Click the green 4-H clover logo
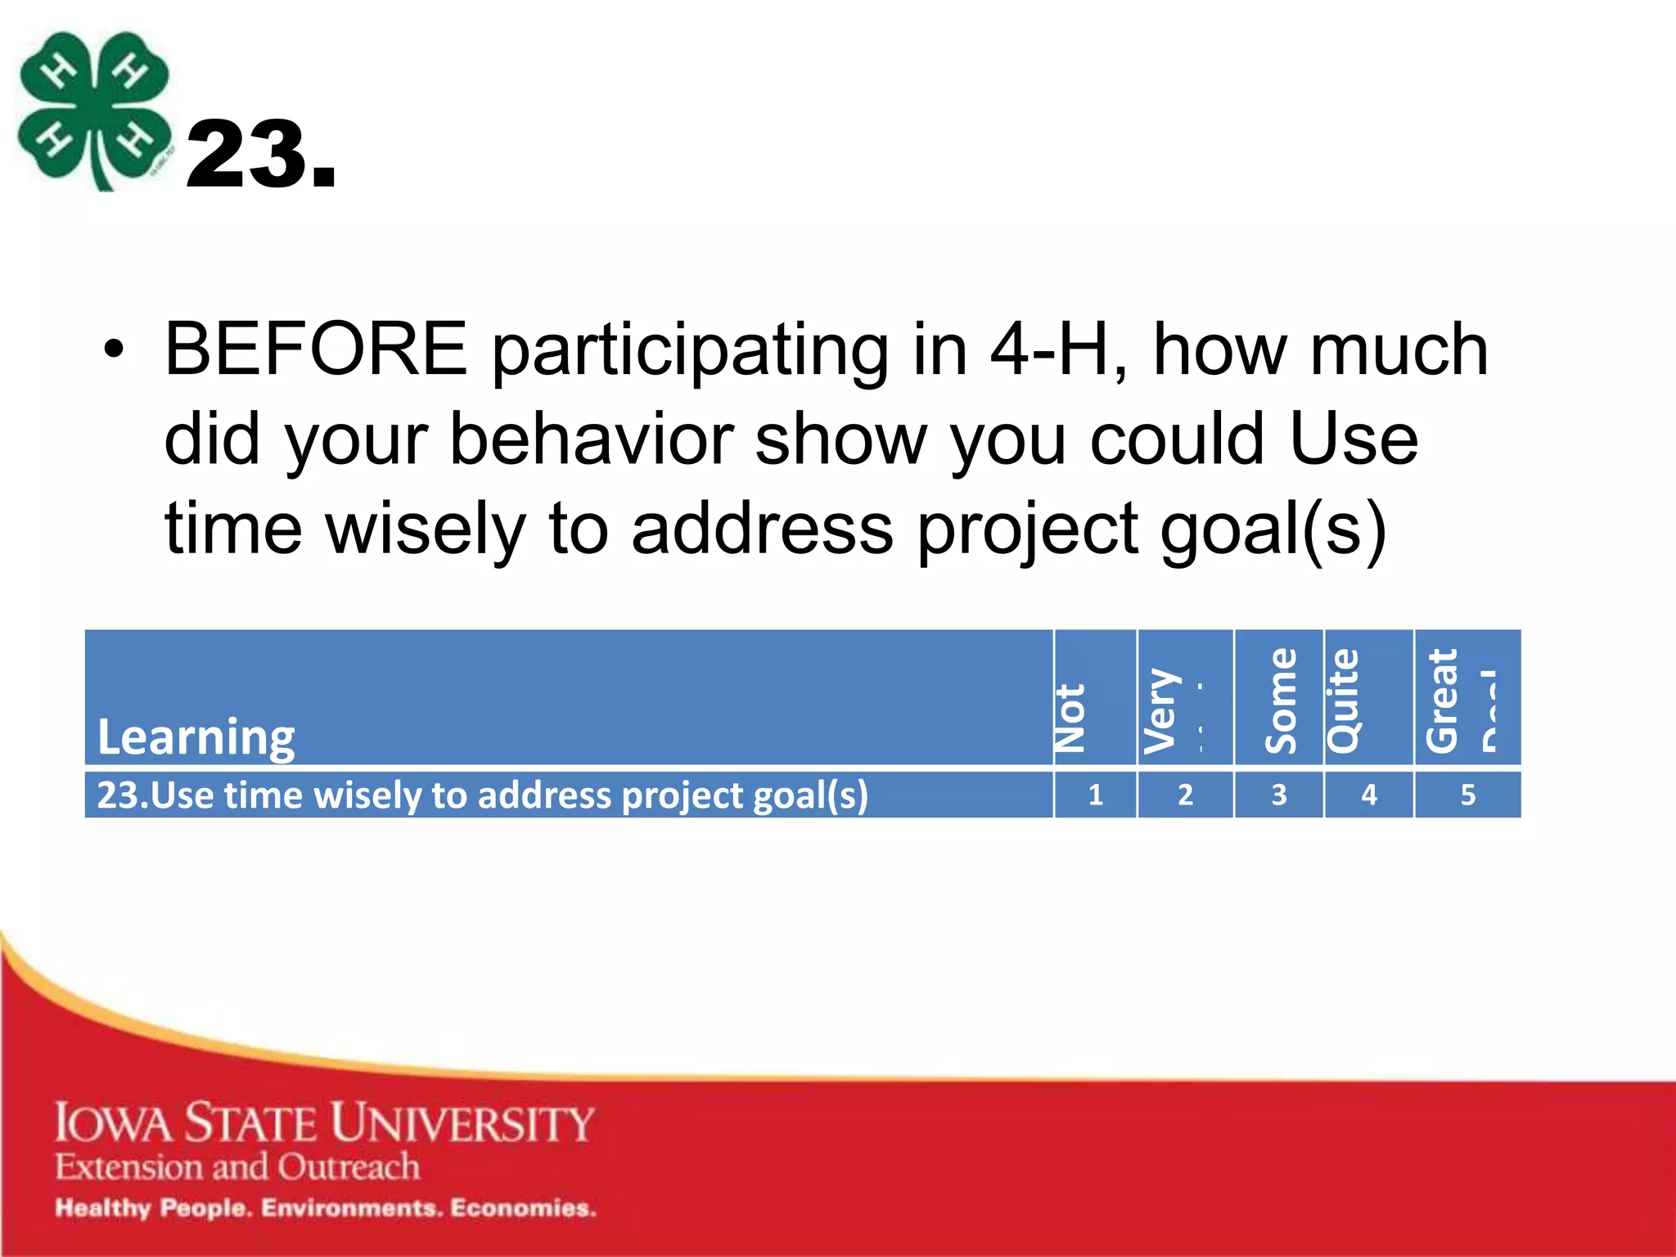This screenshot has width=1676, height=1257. tap(94, 110)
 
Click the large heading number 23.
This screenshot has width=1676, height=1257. tap(260, 155)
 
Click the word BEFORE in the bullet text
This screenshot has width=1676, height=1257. tap(316, 350)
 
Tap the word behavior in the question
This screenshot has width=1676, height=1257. tap(591, 439)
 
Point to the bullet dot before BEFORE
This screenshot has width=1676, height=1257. tap(115, 351)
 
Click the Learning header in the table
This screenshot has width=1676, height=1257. tap(196, 737)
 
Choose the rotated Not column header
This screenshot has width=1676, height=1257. tap(1070, 717)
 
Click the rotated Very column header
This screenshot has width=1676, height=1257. tap(1162, 710)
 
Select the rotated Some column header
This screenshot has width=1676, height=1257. tap(1281, 701)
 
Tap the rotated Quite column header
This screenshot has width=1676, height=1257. tap(1344, 701)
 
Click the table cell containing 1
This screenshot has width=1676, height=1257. tap(1095, 795)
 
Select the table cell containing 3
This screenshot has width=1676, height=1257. tap(1278, 795)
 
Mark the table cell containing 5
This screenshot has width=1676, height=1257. tap(1467, 795)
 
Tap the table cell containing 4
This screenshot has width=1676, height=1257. tap(1368, 795)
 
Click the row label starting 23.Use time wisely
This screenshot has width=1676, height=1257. tap(483, 795)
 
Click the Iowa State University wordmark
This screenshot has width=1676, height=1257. tap(324, 1122)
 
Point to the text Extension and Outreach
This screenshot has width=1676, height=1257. tap(237, 1166)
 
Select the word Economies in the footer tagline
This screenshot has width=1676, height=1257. tap(523, 1208)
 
